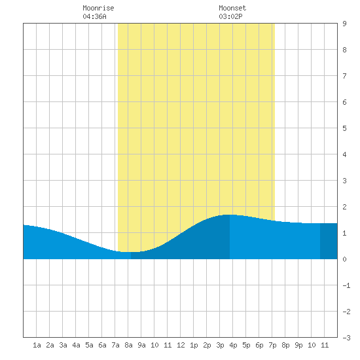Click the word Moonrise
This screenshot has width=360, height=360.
98,8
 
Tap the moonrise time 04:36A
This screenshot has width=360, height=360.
94,16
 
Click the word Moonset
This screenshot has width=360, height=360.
232,8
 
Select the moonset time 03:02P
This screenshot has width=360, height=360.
230,16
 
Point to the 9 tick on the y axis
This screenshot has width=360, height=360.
344,24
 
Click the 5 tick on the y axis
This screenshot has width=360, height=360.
344,128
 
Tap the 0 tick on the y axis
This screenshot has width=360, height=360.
344,259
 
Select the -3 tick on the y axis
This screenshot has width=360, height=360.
346,338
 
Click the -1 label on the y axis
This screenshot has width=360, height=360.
346,285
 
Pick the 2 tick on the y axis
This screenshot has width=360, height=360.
344,207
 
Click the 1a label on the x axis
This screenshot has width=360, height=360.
37,345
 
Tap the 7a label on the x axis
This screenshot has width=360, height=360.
115,345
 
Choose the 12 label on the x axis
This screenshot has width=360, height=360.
181,345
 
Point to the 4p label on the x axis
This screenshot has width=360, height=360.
233,345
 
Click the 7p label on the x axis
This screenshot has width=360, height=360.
272,345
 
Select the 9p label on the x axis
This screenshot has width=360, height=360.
298,345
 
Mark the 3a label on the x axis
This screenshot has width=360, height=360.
63,345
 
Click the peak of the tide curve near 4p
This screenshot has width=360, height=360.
230,215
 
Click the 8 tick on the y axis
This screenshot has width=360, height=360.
344,50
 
